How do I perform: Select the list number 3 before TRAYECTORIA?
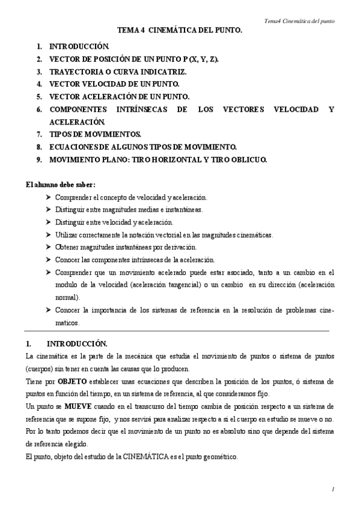[38, 72]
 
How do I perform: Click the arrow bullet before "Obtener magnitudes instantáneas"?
[48, 247]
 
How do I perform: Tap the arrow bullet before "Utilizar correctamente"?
[48, 234]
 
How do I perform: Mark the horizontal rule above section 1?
[177, 331]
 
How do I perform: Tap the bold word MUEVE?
[78, 406]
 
